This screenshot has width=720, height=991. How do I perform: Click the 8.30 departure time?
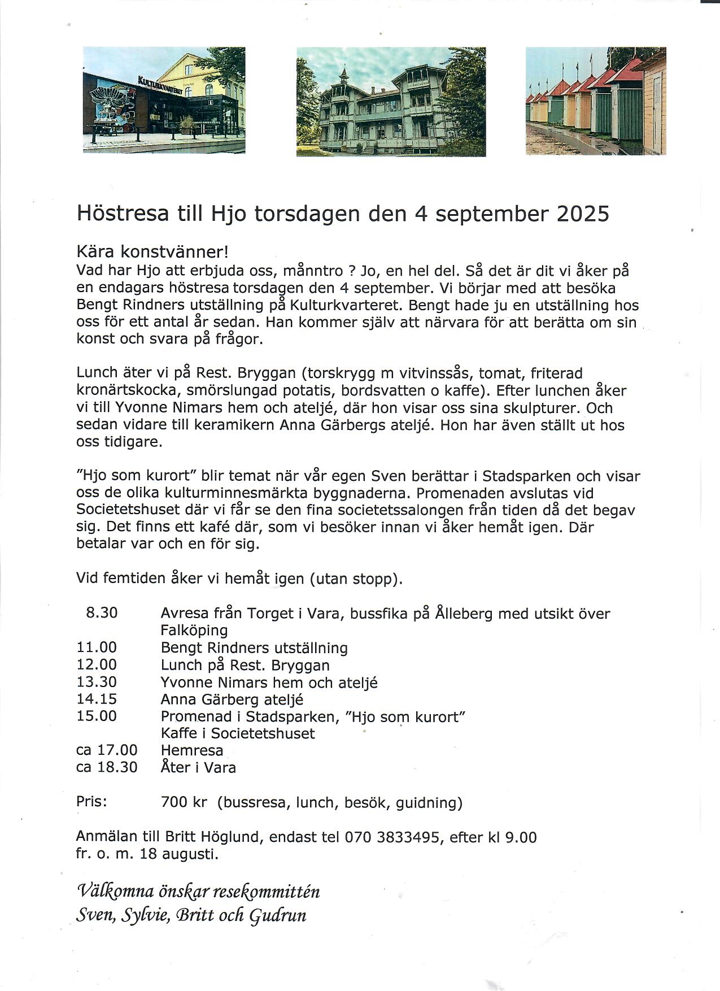coord(102,612)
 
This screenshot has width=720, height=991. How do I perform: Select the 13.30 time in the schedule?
coord(97,682)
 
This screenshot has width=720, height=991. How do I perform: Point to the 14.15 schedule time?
coord(97,699)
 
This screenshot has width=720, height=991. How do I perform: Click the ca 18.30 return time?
coord(107,767)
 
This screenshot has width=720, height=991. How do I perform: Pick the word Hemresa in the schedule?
coord(192,750)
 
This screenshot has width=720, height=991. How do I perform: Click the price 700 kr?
coord(184,802)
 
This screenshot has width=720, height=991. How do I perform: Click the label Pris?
coord(91,802)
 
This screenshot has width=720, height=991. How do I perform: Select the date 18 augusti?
coord(178,854)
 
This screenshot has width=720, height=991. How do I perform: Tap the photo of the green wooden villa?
coord(391,102)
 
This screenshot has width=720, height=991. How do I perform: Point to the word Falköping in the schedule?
coord(194,630)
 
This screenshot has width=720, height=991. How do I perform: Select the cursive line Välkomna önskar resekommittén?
coord(198,892)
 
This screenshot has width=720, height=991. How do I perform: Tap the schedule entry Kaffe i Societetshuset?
coord(238,733)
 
